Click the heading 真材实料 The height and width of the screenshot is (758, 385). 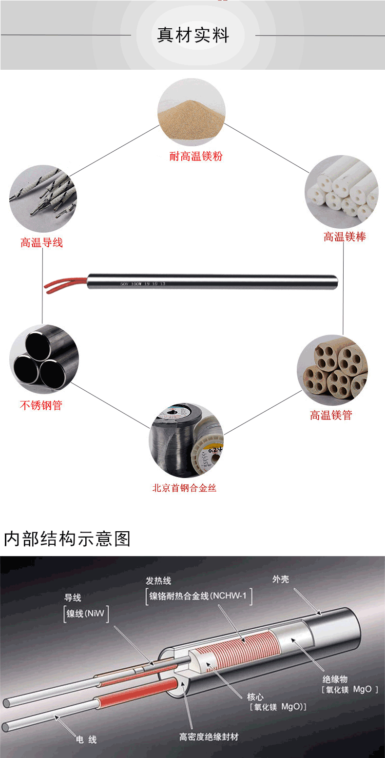point(193,36)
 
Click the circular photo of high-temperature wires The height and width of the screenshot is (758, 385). point(43,199)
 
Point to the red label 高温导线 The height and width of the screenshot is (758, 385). point(41,242)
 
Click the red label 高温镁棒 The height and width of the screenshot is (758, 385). point(345,237)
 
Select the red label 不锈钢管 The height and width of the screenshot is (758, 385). point(41,405)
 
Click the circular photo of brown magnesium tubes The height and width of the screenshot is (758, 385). point(332,370)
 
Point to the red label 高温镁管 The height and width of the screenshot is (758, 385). point(331,415)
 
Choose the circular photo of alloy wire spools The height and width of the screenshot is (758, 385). point(186,440)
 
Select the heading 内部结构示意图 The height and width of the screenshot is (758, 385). point(67,539)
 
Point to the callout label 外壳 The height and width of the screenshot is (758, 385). point(281,579)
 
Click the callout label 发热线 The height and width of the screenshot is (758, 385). point(158,581)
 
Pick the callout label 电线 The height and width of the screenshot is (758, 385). point(86,740)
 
